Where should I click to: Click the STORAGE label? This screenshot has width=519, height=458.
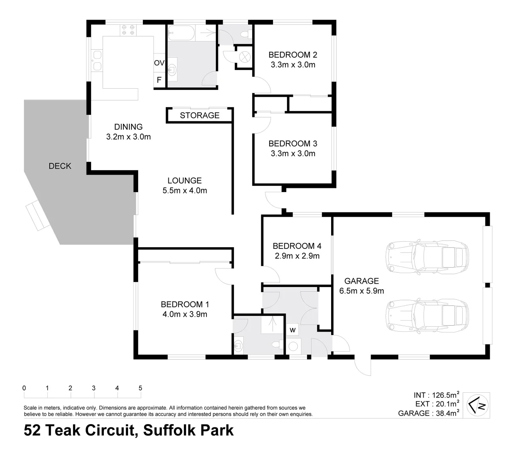click(x=199, y=115)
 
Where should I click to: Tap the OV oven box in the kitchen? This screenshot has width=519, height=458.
click(x=159, y=63)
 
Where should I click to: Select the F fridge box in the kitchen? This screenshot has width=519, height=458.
click(x=159, y=80)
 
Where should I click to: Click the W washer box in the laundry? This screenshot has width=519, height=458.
click(x=292, y=330)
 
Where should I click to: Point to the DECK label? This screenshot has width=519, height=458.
click(x=60, y=166)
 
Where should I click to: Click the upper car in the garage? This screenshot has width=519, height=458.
click(x=427, y=257)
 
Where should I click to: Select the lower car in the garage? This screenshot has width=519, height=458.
click(x=427, y=316)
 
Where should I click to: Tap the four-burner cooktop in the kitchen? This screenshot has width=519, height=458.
click(x=128, y=29)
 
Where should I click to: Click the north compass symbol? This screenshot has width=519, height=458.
click(x=478, y=406)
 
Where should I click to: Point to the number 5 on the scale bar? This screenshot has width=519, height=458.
click(x=140, y=388)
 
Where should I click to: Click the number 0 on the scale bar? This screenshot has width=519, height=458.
click(x=25, y=388)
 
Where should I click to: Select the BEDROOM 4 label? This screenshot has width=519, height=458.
click(x=297, y=246)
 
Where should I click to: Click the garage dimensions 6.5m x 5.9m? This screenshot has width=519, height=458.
click(x=362, y=291)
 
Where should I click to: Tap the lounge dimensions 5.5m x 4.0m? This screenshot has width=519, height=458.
click(x=184, y=191)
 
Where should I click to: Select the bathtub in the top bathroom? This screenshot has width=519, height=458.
click(x=181, y=34)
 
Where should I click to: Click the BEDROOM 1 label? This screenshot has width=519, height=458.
click(x=184, y=304)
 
